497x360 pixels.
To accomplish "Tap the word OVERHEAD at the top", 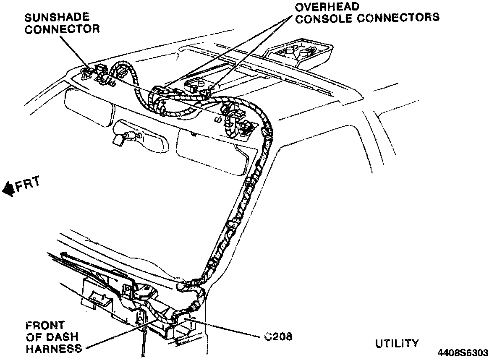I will click(326, 7).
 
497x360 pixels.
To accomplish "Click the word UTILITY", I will click(397, 343).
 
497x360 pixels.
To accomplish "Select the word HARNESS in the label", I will click(53, 348).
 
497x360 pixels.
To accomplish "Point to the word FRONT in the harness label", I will click(45, 326).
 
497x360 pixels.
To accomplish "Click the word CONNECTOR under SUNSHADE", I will click(62, 29).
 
